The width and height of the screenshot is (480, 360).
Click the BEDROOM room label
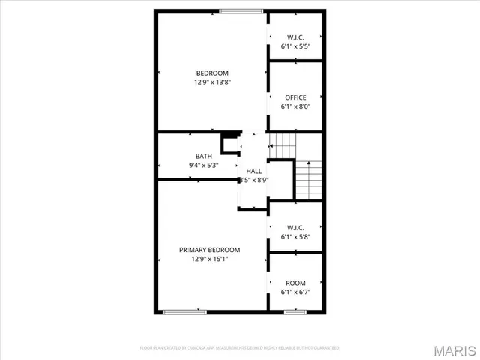[x=212, y=73]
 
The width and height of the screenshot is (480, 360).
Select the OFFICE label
[x=295, y=97]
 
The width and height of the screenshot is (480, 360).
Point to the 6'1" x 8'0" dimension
[x=295, y=106]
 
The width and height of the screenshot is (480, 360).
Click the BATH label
[x=204, y=156]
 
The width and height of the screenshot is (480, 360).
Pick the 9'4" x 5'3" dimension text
[x=204, y=165]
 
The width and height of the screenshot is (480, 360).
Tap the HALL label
[x=254, y=171]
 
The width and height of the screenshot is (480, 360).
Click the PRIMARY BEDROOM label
[x=209, y=250]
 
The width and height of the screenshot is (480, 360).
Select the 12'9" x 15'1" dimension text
[x=209, y=259]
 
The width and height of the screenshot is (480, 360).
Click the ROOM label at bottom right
[x=295, y=283]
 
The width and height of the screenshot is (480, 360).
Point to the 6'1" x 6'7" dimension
[x=295, y=292]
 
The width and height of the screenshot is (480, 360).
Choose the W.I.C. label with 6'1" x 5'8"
[x=295, y=227]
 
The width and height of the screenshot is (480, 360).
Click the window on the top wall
[x=241, y=10]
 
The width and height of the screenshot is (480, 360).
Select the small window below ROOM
[x=295, y=310]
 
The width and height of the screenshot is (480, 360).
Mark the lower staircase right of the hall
[x=308, y=179]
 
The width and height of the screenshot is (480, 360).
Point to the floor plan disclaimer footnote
[x=240, y=348]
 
